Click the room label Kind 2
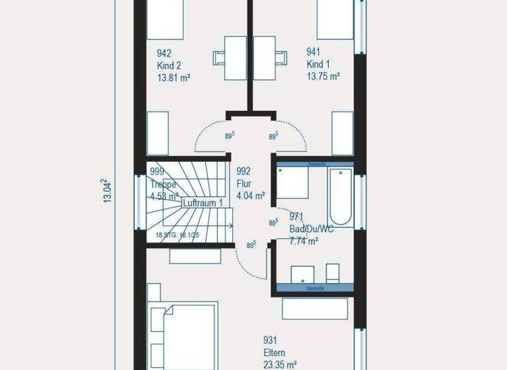click(169, 65)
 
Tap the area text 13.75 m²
click(323, 77)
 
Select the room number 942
click(164, 53)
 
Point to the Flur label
click(244, 183)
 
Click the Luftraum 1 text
click(203, 203)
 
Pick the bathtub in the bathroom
click(341, 196)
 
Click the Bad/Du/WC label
click(312, 229)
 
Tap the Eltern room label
click(275, 352)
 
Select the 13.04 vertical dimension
click(106, 192)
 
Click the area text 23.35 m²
click(280, 364)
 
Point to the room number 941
click(314, 51)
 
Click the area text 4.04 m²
click(250, 196)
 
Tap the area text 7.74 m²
click(304, 241)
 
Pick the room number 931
click(269, 340)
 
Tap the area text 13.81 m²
click(174, 77)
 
